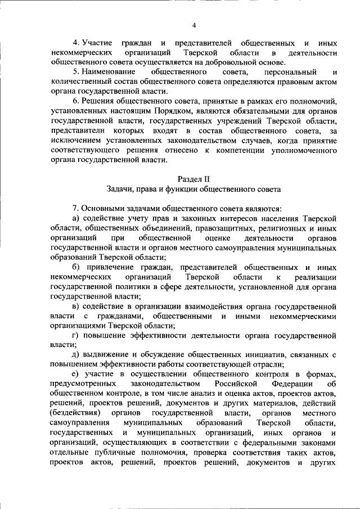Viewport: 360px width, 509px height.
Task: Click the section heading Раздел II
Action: pyautogui.click(x=193, y=179)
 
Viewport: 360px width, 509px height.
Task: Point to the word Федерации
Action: pyautogui.click(x=290, y=383)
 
